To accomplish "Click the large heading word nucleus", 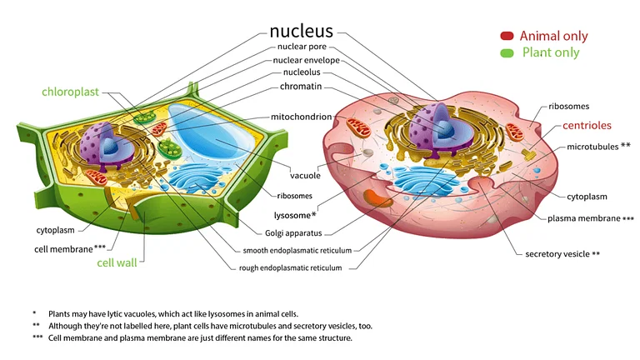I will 301,32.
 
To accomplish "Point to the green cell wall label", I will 117,262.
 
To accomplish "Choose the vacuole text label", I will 305,176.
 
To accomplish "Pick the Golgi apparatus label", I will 292,232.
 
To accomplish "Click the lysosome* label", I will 295,214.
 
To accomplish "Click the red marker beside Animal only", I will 507,36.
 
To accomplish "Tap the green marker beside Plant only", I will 507,53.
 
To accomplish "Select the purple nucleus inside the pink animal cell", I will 434,129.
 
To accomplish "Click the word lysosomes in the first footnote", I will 212,313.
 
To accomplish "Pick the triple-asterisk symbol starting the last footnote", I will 37,337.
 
